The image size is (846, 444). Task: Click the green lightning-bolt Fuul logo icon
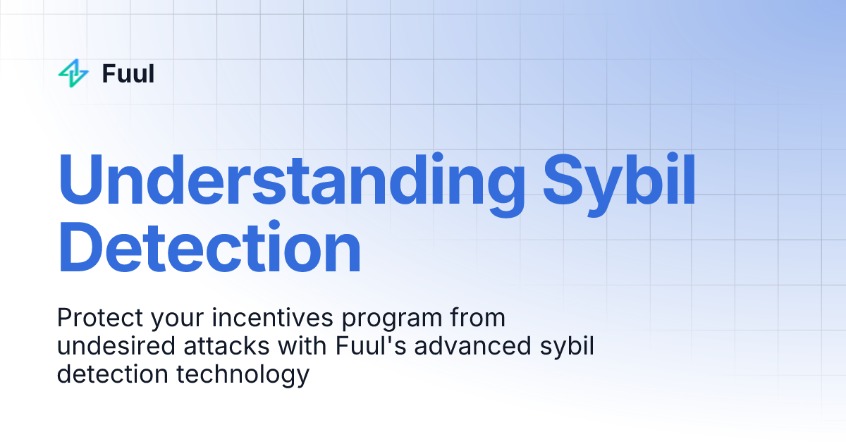[x=73, y=73]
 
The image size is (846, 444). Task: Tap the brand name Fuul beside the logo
[x=128, y=73]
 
